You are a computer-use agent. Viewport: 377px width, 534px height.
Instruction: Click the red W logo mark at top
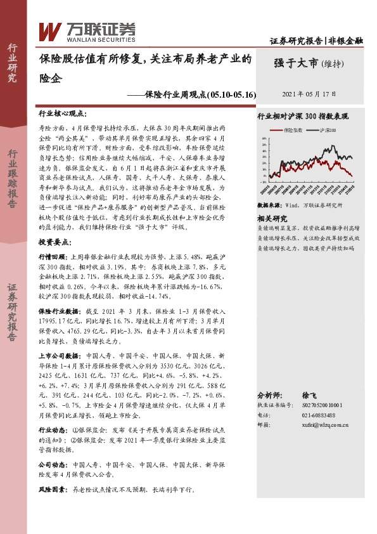[x=50, y=30]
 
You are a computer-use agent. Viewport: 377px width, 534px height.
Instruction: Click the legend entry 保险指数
[x=294, y=129]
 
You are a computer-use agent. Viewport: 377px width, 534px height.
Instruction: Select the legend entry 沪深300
[x=327, y=129]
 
